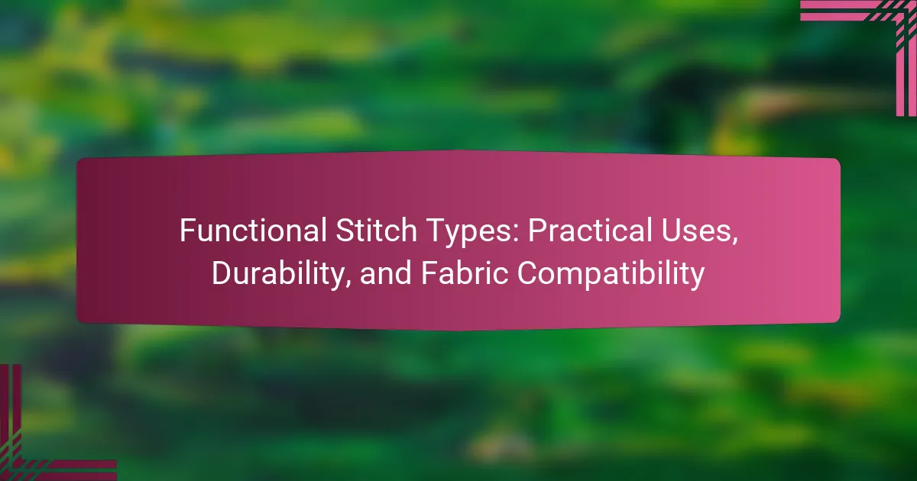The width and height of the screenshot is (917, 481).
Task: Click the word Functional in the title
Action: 253,230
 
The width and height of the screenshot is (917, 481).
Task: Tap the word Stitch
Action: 376,230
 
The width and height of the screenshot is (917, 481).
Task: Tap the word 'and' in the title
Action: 386,273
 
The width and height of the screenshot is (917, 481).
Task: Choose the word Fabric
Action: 465,273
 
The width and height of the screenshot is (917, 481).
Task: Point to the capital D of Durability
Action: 222,273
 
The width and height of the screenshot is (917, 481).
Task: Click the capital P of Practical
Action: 537,231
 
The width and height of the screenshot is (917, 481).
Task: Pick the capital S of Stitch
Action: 345,231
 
